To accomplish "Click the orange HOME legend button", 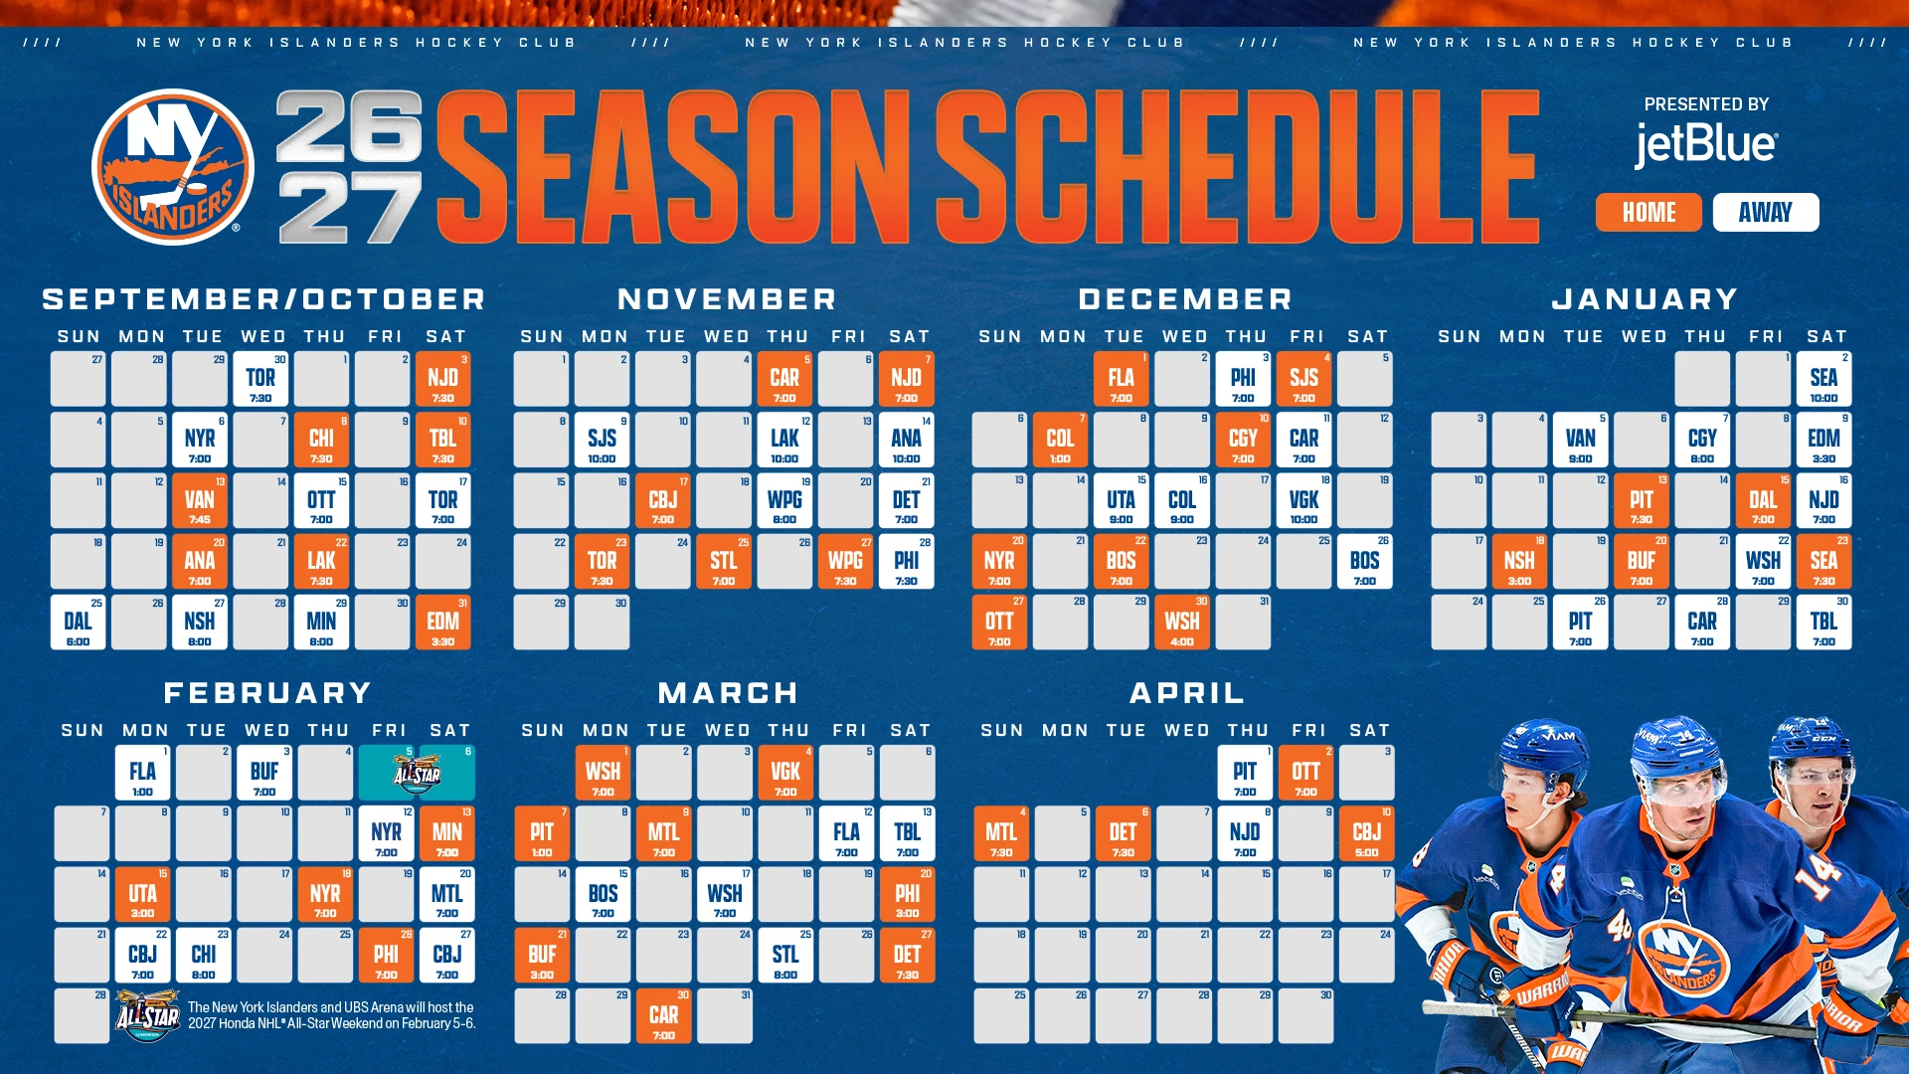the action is point(1649,212).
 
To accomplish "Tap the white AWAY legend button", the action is point(1766,212).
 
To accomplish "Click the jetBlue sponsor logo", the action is point(1706,145).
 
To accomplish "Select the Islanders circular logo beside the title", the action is point(173,167).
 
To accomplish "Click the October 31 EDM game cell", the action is point(443,623).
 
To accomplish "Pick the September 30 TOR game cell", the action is point(260,379).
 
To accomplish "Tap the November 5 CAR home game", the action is point(784,379).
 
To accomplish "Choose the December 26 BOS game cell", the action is point(1364,561).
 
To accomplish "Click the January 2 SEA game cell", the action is point(1823,379).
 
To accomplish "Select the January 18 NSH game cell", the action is point(1519,561).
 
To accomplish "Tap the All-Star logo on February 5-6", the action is point(417,773).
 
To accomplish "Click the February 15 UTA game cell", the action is point(142,894).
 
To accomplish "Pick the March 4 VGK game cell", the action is point(785,773).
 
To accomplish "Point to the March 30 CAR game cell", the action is point(663,1015).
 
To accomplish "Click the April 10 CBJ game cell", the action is point(1366,833).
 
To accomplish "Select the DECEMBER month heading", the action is point(1185,299).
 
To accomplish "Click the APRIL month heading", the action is point(1187,693).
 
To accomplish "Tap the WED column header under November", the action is point(727,337).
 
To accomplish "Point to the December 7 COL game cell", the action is point(1060,440).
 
